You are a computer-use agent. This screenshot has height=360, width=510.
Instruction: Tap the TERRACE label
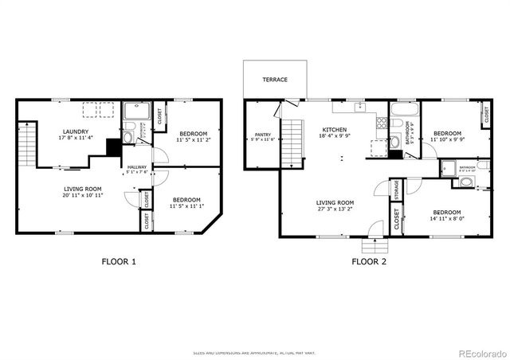[275, 80]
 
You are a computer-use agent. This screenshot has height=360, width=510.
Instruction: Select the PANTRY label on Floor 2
[263, 135]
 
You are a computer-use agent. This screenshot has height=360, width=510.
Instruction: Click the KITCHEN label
[334, 129]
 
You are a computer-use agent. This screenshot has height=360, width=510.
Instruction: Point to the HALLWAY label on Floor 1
[136, 166]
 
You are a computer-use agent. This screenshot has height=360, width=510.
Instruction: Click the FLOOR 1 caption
[119, 261]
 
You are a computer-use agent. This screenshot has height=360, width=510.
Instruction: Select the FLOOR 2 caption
[369, 261]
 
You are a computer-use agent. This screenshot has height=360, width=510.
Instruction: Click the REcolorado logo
[479, 350]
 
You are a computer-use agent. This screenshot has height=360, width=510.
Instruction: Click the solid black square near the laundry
[114, 147]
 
